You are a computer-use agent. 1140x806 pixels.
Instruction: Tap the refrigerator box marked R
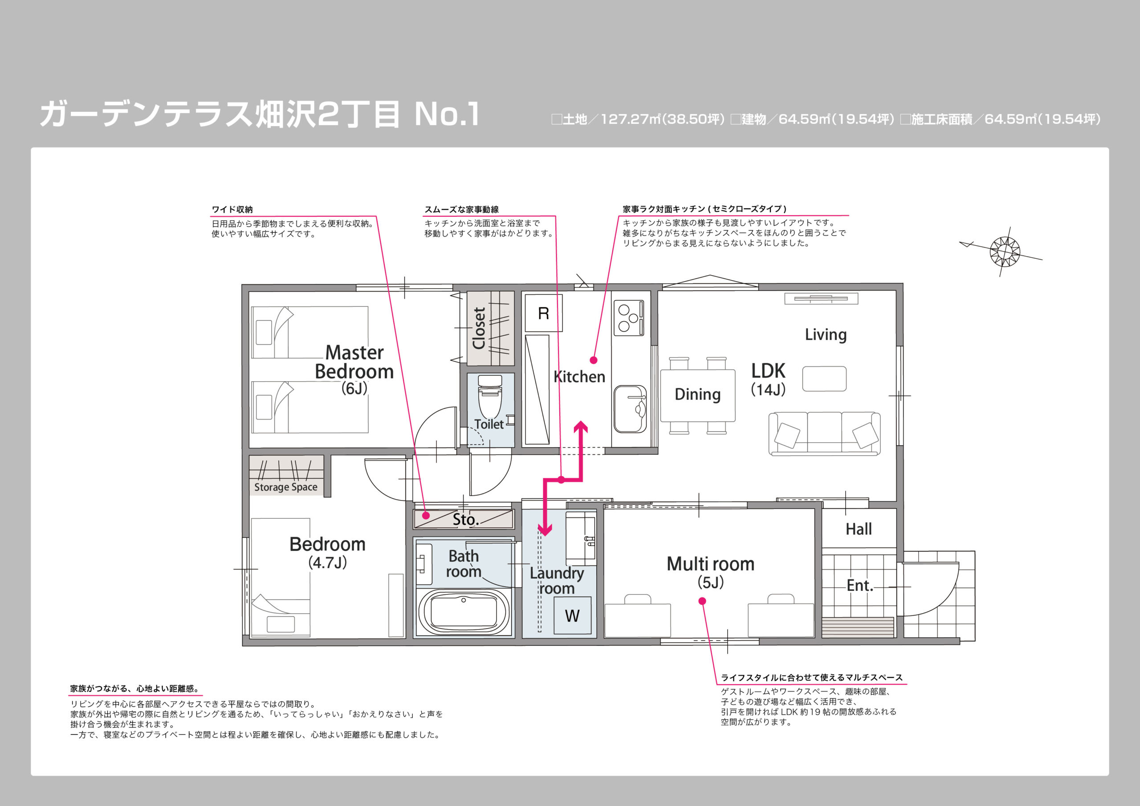point(544,313)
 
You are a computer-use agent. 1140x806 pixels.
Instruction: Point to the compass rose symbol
point(1005,252)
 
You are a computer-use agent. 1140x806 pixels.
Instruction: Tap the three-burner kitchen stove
point(629,318)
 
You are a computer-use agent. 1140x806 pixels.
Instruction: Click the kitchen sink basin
point(630,409)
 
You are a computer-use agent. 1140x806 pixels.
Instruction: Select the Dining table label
point(698,394)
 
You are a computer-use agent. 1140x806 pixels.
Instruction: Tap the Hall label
point(859,529)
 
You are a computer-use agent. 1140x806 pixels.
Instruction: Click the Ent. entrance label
point(859,586)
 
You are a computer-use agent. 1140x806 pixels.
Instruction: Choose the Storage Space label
point(285,487)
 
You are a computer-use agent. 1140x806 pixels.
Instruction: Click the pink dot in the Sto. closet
point(426,516)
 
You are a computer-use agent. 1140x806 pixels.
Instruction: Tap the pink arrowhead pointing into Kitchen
point(580,427)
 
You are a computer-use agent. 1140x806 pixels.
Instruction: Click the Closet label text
point(479,328)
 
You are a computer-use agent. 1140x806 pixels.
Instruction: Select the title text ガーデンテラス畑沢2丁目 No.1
point(259,114)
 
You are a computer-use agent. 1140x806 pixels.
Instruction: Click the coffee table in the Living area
point(824,379)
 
